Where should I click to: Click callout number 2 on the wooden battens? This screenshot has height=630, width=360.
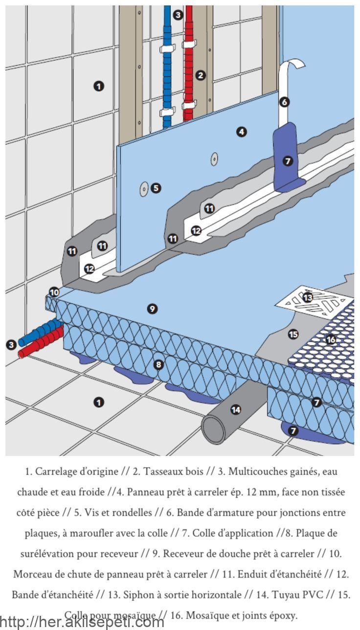coord(201,75)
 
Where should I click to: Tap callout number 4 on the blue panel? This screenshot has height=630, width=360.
coord(241,132)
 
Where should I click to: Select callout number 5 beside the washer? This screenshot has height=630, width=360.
coord(156,188)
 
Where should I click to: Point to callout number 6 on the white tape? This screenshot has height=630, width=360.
coord(285,102)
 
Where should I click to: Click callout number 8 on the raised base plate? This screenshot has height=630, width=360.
coord(158,364)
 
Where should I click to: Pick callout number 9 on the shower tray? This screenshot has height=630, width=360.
coord(153,309)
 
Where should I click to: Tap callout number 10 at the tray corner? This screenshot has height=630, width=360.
coord(54,292)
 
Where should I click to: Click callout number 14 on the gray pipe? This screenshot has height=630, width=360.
coord(236,409)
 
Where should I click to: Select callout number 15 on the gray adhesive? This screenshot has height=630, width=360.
coord(293,334)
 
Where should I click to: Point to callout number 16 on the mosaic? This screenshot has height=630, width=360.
coord(331,339)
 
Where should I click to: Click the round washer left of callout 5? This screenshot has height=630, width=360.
coord(144,189)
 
